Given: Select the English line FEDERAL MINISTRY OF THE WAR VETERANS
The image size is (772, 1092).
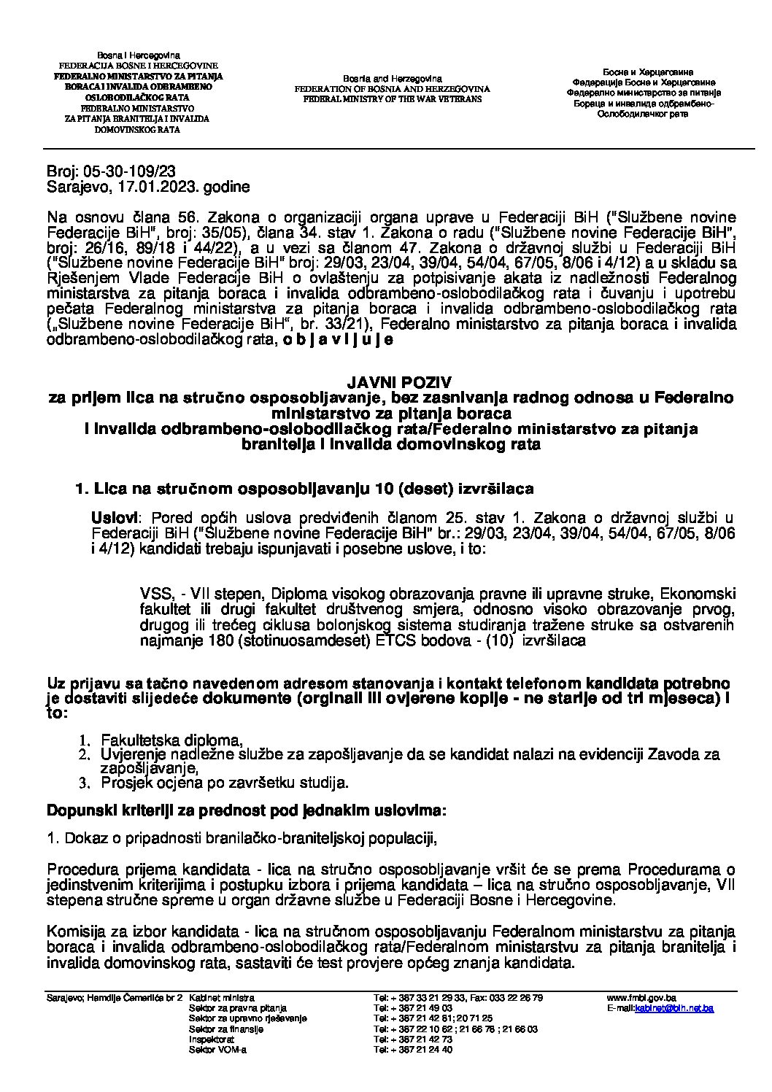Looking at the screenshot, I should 392,98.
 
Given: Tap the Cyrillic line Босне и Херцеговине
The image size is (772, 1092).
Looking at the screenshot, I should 647,72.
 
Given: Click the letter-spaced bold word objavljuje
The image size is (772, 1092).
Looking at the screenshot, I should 339,339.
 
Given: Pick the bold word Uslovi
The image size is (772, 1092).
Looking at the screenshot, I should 113,518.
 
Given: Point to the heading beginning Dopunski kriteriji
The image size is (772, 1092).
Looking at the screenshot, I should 247,810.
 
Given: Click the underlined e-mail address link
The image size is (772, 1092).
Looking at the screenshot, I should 673,1007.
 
